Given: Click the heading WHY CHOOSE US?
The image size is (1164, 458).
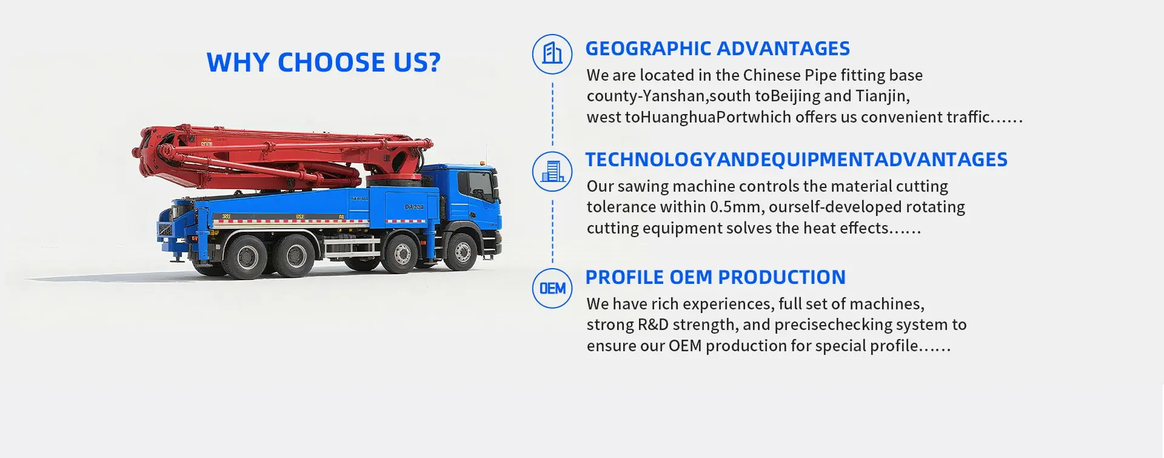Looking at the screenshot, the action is pos(324,62).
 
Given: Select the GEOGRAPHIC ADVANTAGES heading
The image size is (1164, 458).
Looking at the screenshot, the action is pos(717,49).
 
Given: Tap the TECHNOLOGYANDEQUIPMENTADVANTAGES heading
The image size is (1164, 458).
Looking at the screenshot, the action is pos(796,160).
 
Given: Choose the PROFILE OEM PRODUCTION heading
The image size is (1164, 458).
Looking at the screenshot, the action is pos(715,277).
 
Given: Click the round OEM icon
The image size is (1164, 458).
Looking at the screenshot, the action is pos(552,288).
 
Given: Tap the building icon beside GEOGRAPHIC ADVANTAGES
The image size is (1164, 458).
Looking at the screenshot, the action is pos(552,54).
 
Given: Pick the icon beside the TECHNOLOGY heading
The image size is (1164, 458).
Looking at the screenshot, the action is pos(552,171).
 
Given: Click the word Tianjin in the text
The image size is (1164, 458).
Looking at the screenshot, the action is pos(881,96).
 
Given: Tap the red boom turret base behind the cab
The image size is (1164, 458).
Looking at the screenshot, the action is pos(394,180).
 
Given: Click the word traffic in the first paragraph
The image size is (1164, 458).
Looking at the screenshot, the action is pos(968,117).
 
